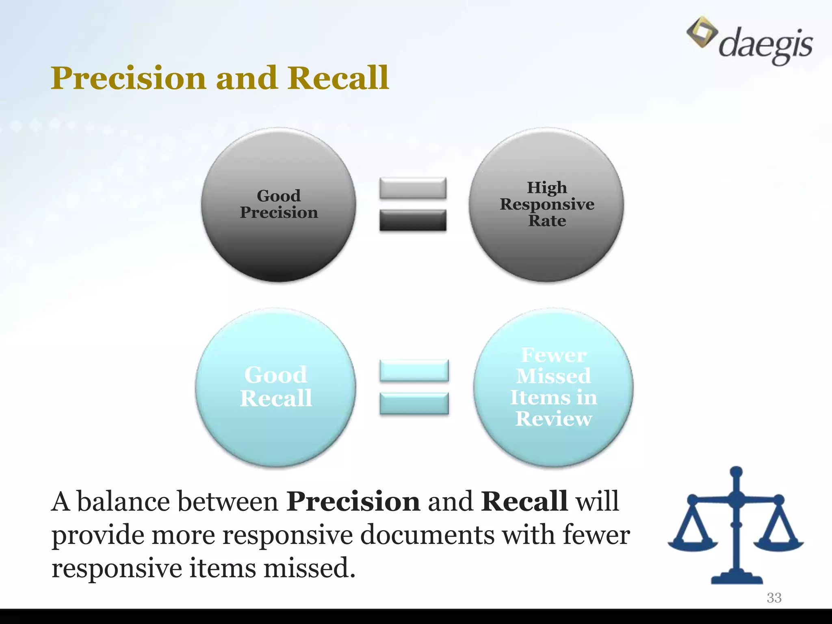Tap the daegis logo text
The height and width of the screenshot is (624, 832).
click(x=765, y=44)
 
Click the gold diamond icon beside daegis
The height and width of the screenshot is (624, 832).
click(x=702, y=32)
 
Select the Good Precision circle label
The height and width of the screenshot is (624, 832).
click(x=279, y=204)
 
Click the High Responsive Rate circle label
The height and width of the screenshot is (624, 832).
click(x=547, y=204)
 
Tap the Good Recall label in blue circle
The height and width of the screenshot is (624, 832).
click(x=276, y=386)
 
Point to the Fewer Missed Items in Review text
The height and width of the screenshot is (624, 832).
click(x=553, y=387)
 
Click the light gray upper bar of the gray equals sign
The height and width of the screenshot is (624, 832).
click(x=413, y=188)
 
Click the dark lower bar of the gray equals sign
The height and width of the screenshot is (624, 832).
click(x=413, y=221)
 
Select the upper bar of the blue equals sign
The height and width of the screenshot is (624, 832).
click(x=414, y=370)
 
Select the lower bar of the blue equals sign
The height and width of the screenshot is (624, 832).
click(x=414, y=403)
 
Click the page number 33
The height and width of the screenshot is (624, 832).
click(x=774, y=598)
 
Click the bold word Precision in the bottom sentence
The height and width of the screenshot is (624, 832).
click(x=353, y=502)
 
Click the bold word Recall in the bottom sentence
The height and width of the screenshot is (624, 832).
click(x=524, y=502)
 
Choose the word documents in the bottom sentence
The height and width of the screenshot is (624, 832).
click(x=427, y=535)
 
